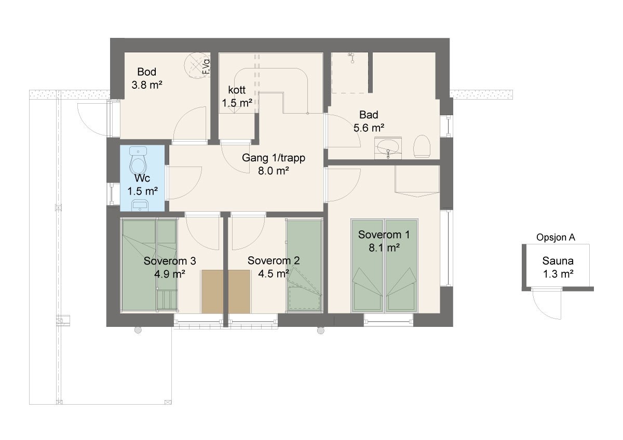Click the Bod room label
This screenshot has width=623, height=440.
pyautogui.click(x=147, y=72)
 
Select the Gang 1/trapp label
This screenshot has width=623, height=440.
pyautogui.click(x=273, y=157)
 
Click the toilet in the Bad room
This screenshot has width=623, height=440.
pyautogui.click(x=422, y=147)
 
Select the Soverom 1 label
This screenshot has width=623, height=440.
pyautogui.click(x=384, y=235)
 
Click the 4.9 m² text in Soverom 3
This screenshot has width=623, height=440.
pyautogui.click(x=170, y=274)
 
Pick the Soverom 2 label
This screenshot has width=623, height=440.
pyautogui.click(x=274, y=260)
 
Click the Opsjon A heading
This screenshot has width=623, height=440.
pyautogui.click(x=556, y=238)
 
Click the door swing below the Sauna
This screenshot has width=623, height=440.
pyautogui.click(x=545, y=304)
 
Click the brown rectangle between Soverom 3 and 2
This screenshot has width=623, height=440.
pyautogui.click(x=226, y=291)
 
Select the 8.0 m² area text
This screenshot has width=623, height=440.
pyautogui.click(x=273, y=170)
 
